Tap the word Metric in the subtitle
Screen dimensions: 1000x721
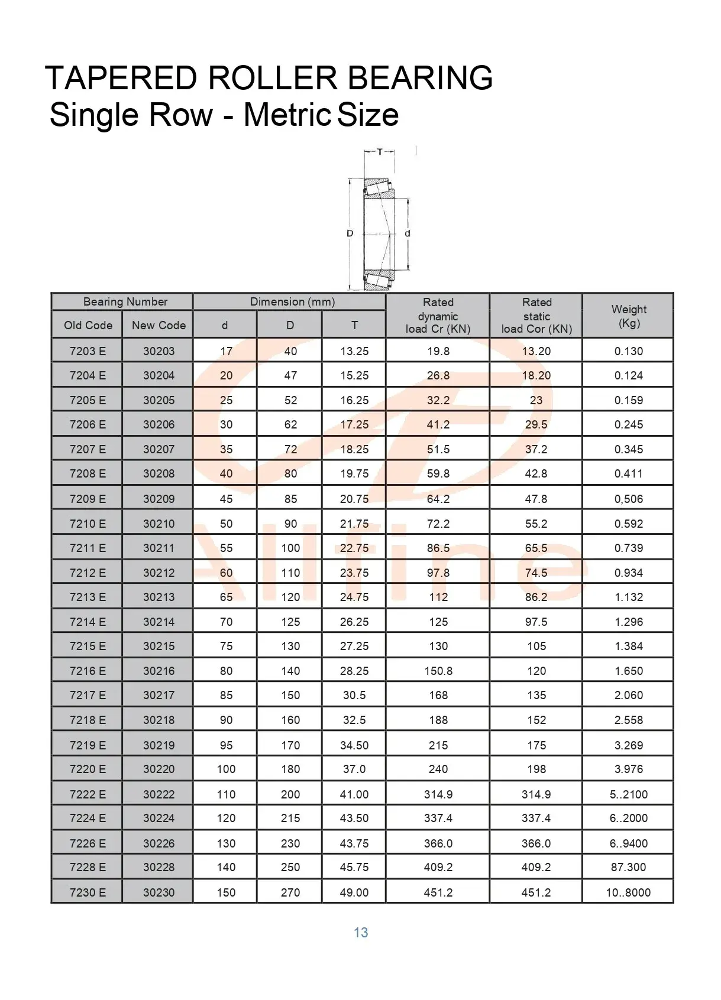pos(287,115)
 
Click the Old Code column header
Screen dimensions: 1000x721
pos(88,325)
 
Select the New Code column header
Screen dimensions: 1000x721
pos(159,325)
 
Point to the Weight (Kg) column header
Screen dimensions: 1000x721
pos(629,316)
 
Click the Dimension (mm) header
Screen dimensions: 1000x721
pos(292,302)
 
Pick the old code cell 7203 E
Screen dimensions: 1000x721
pos(88,351)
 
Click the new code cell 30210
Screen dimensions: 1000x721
pos(159,524)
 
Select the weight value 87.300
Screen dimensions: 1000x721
pos(628,867)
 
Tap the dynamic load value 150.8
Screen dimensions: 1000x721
pos(438,671)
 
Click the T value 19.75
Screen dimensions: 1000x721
pos(354,473)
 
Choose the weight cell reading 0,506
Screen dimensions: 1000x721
pos(628,499)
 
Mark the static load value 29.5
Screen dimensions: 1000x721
pos(536,424)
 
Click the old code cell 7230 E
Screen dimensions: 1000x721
pos(88,892)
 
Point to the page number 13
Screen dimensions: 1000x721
pos(361,933)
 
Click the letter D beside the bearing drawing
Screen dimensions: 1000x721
pos(350,233)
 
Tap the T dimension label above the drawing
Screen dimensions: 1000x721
pos(379,152)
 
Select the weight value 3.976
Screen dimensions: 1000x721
pos(628,769)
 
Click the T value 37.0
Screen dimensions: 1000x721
pos(354,769)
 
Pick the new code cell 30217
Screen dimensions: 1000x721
pos(159,695)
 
